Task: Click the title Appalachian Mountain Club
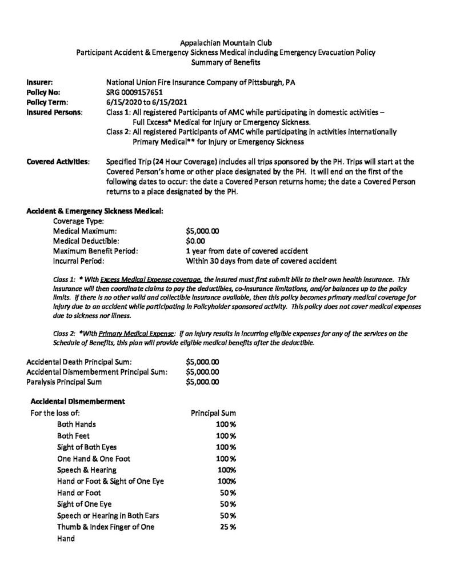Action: tap(226, 43)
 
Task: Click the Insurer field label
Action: tap(39, 82)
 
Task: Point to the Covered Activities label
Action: tap(58, 162)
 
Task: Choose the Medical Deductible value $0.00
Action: tap(197, 241)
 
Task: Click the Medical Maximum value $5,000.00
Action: tap(203, 231)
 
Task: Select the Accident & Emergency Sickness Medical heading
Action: tap(95, 211)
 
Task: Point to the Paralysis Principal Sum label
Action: tap(65, 381)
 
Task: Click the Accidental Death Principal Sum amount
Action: tap(203, 362)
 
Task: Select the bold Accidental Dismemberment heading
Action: tap(77, 401)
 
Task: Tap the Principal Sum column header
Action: tap(213, 413)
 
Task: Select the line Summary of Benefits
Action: tap(226, 62)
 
